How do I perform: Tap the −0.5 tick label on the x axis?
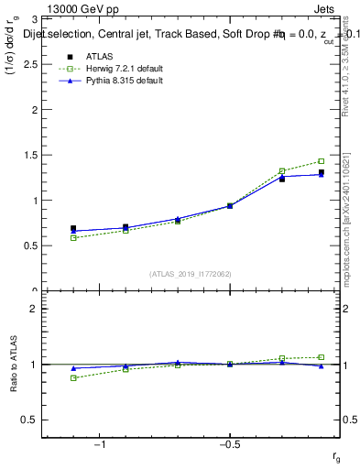(229, 445)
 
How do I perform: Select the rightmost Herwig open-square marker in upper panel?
(322, 161)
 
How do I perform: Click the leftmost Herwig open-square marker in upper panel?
(73, 238)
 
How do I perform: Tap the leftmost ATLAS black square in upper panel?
(73, 228)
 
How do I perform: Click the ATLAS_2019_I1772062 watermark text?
(191, 274)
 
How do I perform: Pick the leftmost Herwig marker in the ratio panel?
(73, 377)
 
